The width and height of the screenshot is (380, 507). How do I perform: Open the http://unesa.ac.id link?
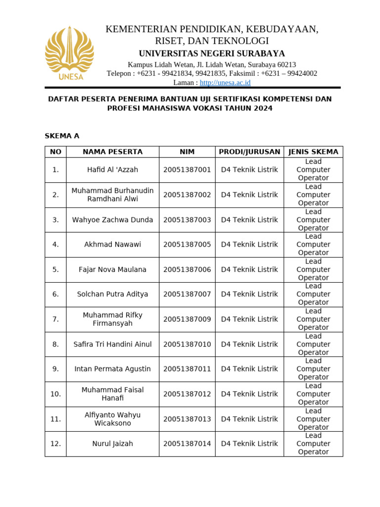point(225,83)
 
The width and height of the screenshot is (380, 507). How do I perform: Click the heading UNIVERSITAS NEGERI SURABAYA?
point(212,53)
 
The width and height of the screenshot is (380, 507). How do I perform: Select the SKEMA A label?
point(62,136)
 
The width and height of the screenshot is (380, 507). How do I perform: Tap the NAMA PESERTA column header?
point(112,152)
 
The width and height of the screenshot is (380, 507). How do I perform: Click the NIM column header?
point(187,152)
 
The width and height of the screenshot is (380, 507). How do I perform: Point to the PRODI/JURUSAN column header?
point(249,152)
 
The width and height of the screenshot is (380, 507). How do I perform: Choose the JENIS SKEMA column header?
point(313,152)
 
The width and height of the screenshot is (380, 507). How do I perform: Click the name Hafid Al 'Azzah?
point(112,170)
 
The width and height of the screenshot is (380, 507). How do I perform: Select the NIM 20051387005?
point(187,245)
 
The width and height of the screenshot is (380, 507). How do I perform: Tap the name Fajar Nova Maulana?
point(112,270)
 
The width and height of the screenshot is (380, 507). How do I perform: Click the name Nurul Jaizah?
point(112,444)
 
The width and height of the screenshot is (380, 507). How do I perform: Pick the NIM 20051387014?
point(187,444)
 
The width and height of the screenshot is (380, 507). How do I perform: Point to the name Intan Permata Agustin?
point(112,369)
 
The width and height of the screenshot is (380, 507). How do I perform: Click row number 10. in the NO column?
point(55,394)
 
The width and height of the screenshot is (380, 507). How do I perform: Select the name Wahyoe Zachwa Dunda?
point(112,220)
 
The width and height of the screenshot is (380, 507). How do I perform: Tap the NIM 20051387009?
point(187,319)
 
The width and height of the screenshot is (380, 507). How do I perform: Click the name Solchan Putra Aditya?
point(112,295)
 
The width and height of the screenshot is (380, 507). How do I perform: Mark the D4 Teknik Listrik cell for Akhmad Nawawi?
point(249,245)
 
